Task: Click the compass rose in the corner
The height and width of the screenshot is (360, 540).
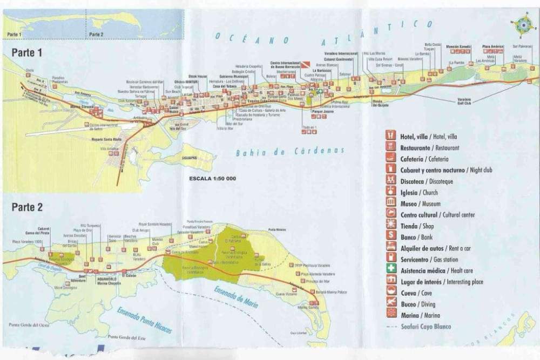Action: tap(522, 25)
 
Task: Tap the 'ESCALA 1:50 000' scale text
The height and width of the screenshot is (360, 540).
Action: tap(212, 178)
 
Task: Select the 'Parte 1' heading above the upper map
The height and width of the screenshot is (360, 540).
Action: tap(27, 52)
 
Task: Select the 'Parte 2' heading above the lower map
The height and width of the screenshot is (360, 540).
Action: tap(27, 207)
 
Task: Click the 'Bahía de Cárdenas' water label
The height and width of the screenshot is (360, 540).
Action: tap(289, 152)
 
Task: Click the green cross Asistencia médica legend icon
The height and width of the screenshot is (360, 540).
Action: tap(390, 270)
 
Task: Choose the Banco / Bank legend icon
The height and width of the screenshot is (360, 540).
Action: tap(390, 237)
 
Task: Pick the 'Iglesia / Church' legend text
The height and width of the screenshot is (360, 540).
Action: tap(419, 193)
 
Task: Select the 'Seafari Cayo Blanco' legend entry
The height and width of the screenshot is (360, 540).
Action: tap(426, 327)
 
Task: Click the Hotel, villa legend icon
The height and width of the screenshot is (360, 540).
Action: tap(390, 136)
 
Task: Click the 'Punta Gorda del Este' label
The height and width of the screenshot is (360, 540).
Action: tap(130, 338)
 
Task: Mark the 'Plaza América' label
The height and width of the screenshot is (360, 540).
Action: tap(492, 46)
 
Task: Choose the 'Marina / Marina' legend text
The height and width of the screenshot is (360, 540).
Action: tap(420, 315)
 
